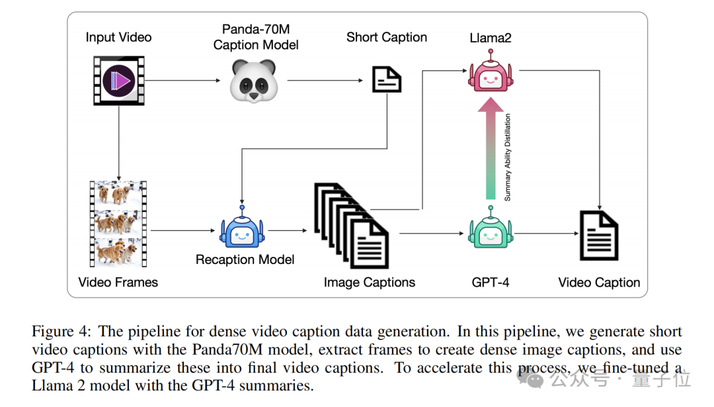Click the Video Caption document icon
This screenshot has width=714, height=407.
click(x=598, y=235)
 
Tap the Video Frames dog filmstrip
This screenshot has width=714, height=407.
click(x=118, y=224)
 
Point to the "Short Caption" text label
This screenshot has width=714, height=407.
click(x=387, y=37)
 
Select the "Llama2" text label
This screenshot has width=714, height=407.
click(x=491, y=38)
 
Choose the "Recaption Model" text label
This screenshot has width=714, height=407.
click(x=245, y=259)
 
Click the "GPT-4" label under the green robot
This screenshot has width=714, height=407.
click(x=491, y=283)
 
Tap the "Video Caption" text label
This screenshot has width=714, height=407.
click(x=599, y=283)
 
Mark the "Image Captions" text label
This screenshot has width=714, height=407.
click(x=370, y=283)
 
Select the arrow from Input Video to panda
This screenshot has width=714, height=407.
click(x=182, y=81)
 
